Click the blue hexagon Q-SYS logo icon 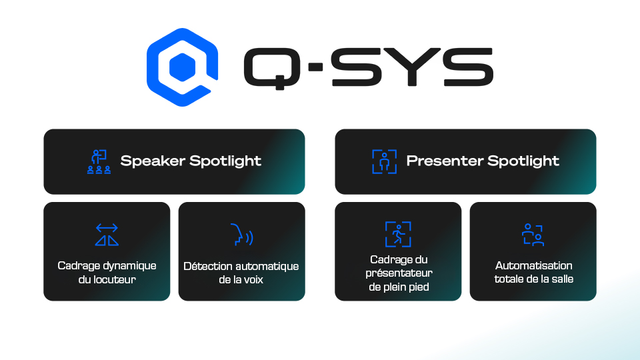click(182, 67)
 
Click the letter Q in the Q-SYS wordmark click(272, 68)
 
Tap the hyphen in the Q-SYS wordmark click(315, 67)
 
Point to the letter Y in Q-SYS click(412, 67)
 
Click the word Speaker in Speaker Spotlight click(153, 161)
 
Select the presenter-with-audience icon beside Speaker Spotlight click(99, 161)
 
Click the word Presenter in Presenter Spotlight click(444, 161)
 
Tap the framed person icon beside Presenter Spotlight click(385, 161)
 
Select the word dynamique click(129, 266)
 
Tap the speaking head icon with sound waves click(241, 235)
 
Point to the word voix click(254, 280)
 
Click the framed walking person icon click(398, 234)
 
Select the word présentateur click(399, 273)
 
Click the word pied click(419, 287)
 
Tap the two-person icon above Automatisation click(533, 235)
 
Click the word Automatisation click(534, 266)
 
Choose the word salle click(563, 279)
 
